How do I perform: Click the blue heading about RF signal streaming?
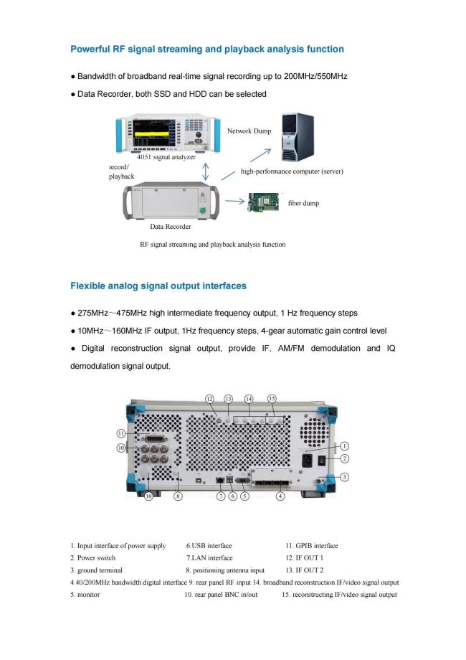pyautogui.click(x=206, y=49)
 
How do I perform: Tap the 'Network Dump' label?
pyautogui.click(x=249, y=131)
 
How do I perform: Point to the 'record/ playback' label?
pyautogui.click(x=121, y=171)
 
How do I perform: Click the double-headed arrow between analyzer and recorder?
pyautogui.click(x=206, y=172)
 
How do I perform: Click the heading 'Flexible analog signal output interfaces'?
pyautogui.click(x=158, y=286)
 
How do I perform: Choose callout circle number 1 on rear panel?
pyautogui.click(x=344, y=445)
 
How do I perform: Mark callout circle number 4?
pyautogui.click(x=280, y=496)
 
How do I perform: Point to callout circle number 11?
pyautogui.click(x=123, y=433)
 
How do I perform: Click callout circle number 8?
pyautogui.click(x=179, y=496)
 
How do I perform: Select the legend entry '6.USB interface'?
pyautogui.click(x=209, y=546)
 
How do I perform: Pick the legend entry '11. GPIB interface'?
pyautogui.click(x=312, y=546)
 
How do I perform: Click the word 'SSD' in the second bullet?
pyautogui.click(x=170, y=94)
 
